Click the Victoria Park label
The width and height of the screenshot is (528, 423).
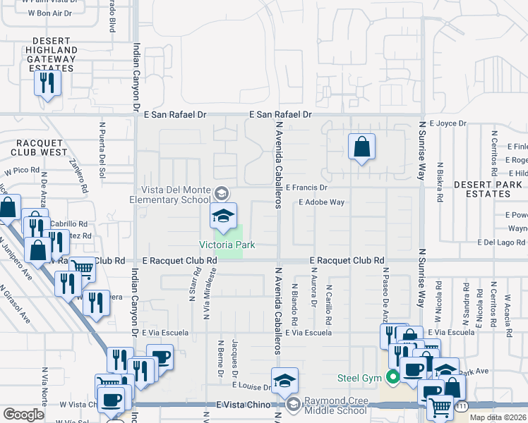(x=226, y=245)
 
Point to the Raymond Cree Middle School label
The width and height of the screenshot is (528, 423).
(x=337, y=407)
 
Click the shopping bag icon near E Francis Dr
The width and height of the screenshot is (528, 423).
(x=361, y=148)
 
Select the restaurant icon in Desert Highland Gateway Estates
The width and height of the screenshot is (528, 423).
(x=47, y=83)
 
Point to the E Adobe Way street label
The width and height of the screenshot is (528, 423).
(x=321, y=202)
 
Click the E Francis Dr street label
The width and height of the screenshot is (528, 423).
(x=306, y=188)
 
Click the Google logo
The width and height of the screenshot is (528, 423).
(x=23, y=415)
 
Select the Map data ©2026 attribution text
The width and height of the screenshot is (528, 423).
(x=498, y=417)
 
